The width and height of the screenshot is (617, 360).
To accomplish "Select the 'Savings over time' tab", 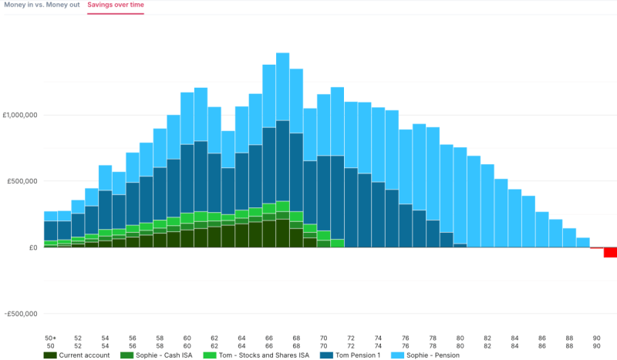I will (115, 5).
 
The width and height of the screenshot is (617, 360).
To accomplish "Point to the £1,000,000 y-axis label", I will (21, 115).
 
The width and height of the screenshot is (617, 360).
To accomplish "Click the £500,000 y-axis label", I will (23, 181).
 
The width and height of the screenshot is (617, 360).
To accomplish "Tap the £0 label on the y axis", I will (32, 247).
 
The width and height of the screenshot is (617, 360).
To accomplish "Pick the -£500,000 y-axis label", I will (21, 314).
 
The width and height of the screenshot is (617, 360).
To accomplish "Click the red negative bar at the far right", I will (610, 253).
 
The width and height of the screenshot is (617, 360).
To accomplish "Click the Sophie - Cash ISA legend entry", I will (162, 355).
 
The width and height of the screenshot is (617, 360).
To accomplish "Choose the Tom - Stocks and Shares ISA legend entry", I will (262, 355).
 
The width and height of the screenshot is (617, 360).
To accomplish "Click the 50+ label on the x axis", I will (51, 338).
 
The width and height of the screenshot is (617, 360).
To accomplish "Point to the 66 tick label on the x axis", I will (269, 338).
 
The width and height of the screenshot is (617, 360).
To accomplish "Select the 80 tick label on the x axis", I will (460, 338).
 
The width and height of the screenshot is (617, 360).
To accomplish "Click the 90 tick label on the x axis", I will (597, 338).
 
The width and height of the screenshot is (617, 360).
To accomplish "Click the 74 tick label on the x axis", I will (379, 338).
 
